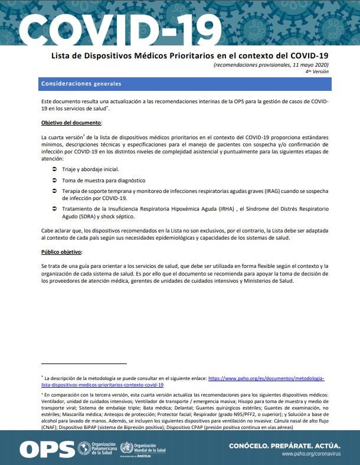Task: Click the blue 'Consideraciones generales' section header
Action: (81, 84)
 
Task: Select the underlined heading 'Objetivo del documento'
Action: (71, 123)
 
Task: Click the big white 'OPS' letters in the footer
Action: (47, 447)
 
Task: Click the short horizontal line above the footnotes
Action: (84, 364)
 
